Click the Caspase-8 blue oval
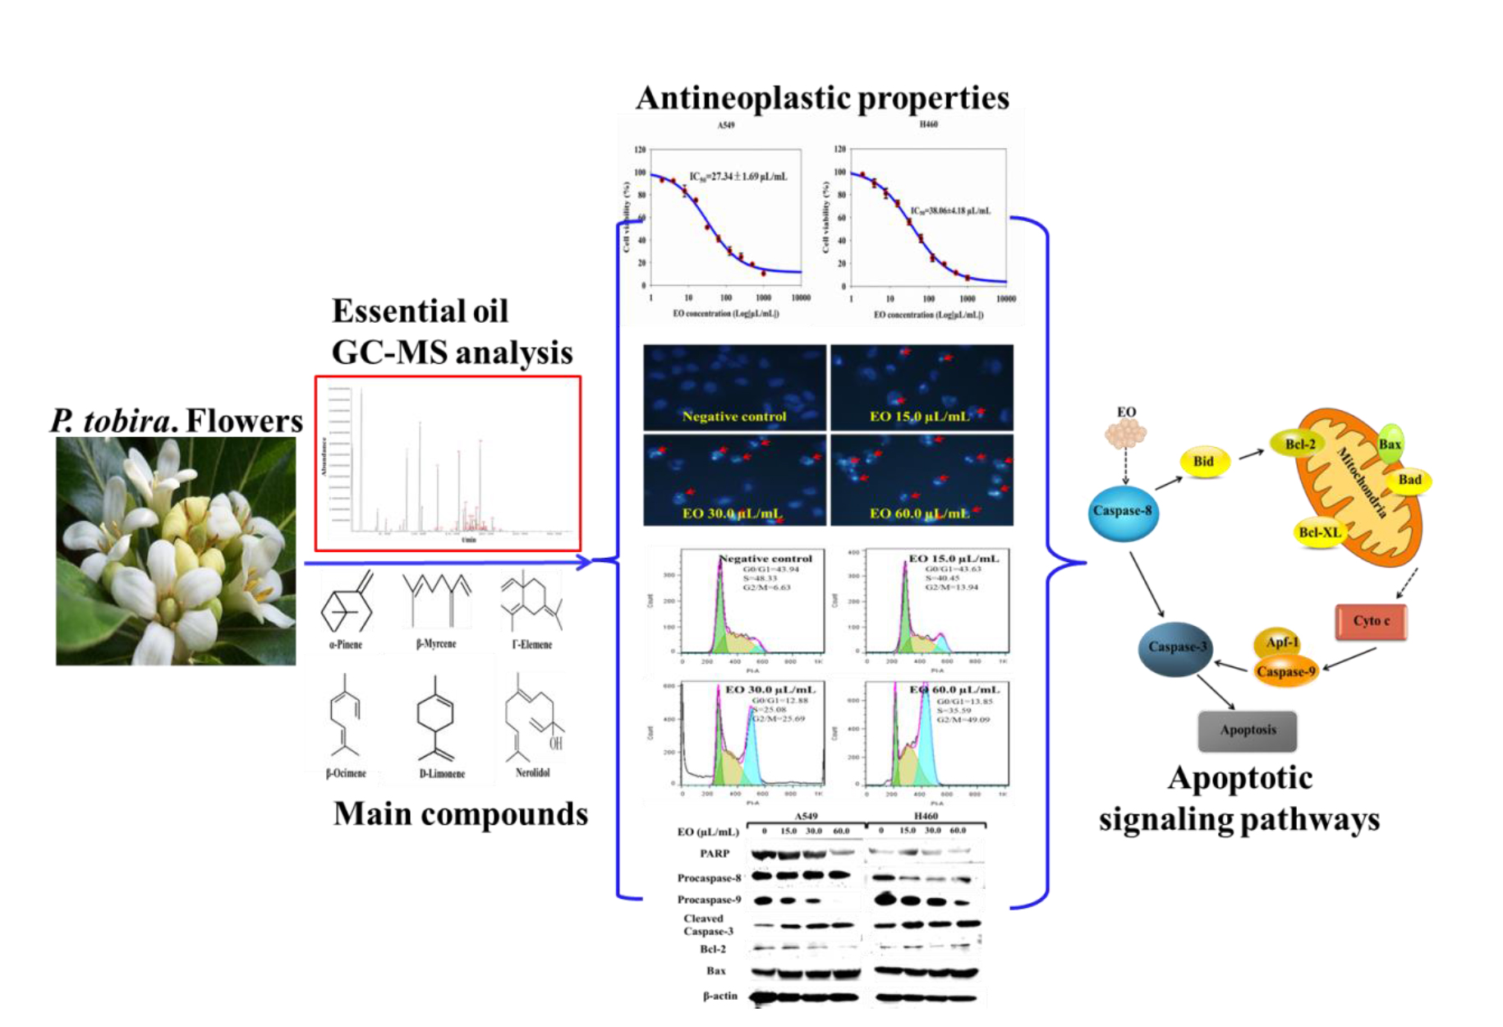coord(1123,512)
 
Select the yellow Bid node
coord(1203,462)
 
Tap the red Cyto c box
coord(1371,621)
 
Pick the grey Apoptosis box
coord(1248,730)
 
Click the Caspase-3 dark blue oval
coord(1176,647)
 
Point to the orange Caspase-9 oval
coord(1285,671)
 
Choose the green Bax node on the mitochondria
coord(1390,444)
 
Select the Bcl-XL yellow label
coord(1319,532)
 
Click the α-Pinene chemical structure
coord(347,603)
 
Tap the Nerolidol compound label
coord(532,772)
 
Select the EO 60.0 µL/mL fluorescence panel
coord(922,480)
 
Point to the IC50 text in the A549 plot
coord(738,177)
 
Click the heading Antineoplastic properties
coord(822,98)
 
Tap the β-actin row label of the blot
coord(720,996)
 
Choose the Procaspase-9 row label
coord(709,900)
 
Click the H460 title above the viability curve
coord(928,124)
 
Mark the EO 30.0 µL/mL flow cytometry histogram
coord(751,735)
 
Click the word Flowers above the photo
coord(245,421)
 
